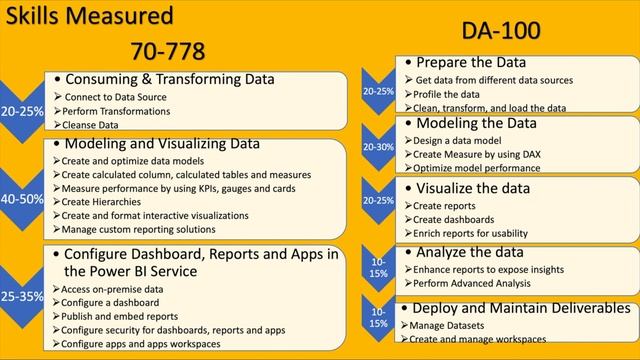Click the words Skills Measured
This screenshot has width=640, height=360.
pyautogui.click(x=87, y=15)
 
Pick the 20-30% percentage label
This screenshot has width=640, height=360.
pyautogui.click(x=378, y=146)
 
